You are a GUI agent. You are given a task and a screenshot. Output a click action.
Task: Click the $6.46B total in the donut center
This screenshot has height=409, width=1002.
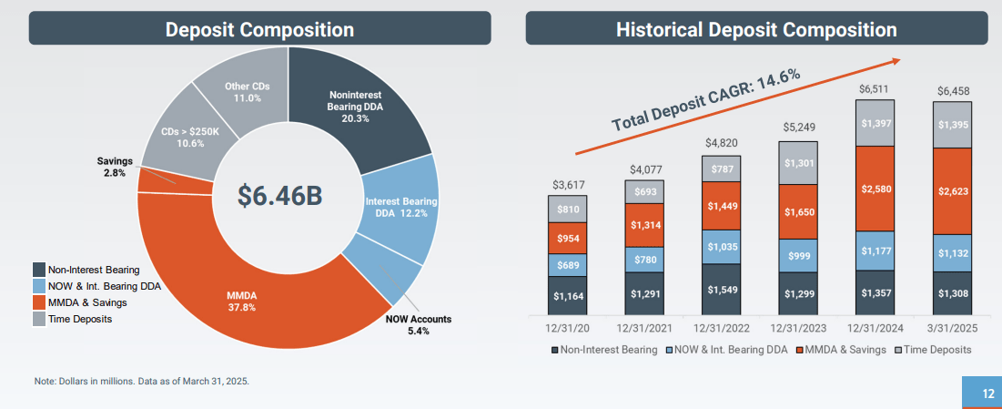click(279, 195)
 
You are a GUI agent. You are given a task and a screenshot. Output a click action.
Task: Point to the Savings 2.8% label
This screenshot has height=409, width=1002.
click(115, 167)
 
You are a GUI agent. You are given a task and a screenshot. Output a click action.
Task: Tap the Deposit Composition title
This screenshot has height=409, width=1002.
click(259, 29)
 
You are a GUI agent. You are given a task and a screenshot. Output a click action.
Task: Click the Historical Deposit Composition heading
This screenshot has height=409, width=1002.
click(755, 29)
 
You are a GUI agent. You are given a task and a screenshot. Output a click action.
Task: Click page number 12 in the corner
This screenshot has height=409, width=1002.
click(987, 394)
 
